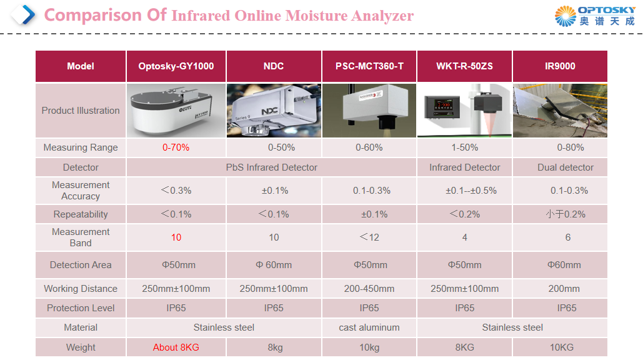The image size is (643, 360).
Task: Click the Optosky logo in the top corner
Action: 595,16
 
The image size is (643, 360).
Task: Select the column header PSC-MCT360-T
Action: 369,66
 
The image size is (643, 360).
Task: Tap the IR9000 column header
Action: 560,66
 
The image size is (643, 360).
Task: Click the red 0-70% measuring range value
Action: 176,147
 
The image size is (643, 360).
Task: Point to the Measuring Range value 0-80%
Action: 571,147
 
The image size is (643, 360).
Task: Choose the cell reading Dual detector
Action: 566,167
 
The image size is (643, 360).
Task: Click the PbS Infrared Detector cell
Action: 271,167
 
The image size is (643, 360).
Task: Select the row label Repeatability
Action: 81,214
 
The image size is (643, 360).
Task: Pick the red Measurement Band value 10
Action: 176,237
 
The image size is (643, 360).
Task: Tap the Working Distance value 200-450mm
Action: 369,289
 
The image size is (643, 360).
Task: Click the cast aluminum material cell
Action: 369,327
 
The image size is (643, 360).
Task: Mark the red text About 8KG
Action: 176,347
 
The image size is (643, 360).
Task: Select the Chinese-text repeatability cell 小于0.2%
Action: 566,214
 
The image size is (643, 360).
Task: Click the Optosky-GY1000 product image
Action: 176,110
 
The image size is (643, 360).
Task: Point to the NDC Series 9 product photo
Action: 273,110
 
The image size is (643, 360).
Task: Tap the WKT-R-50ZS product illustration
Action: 464,110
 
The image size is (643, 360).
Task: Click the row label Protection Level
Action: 81,308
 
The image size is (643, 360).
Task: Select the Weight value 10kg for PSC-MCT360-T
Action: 369,347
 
